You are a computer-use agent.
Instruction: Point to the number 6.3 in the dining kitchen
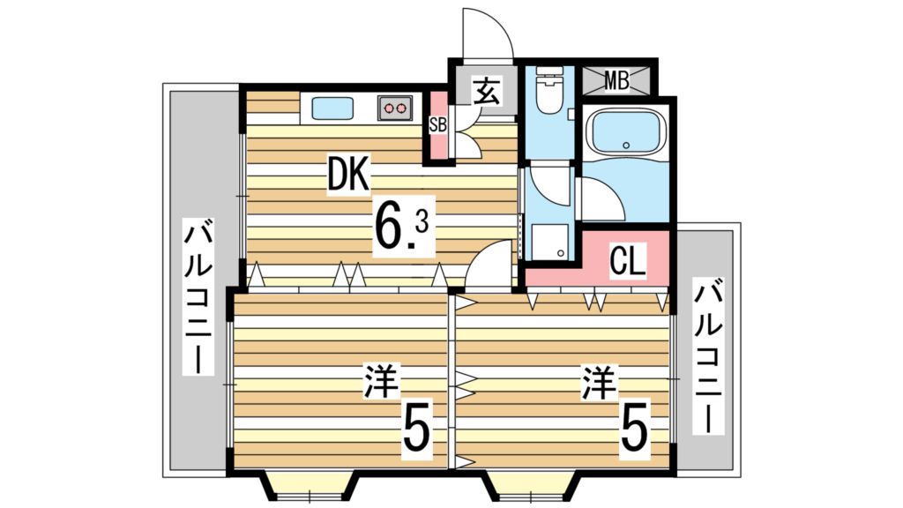click(401, 228)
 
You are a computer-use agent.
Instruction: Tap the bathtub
click(626, 132)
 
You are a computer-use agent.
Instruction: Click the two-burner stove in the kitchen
click(394, 108)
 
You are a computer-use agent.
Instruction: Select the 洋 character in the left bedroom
click(382, 385)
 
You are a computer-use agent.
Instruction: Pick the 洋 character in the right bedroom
click(599, 385)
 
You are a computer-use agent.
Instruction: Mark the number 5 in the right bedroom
click(633, 430)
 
